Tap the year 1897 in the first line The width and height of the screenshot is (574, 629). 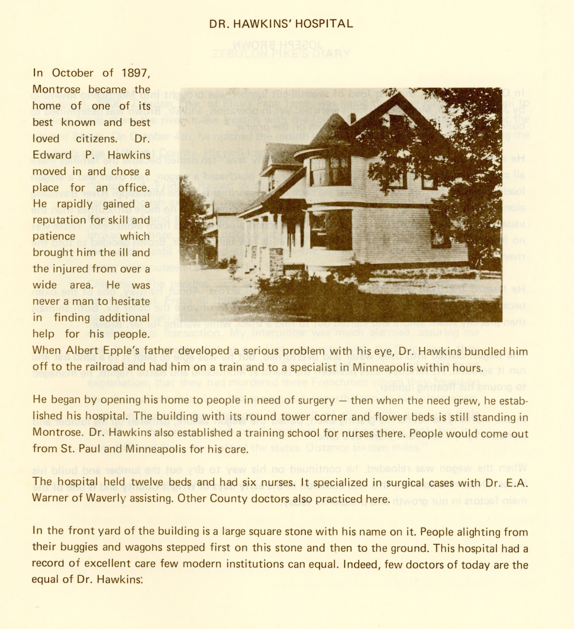(136, 73)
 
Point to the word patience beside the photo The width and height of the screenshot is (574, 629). (54, 237)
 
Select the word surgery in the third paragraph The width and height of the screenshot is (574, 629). (314, 400)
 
